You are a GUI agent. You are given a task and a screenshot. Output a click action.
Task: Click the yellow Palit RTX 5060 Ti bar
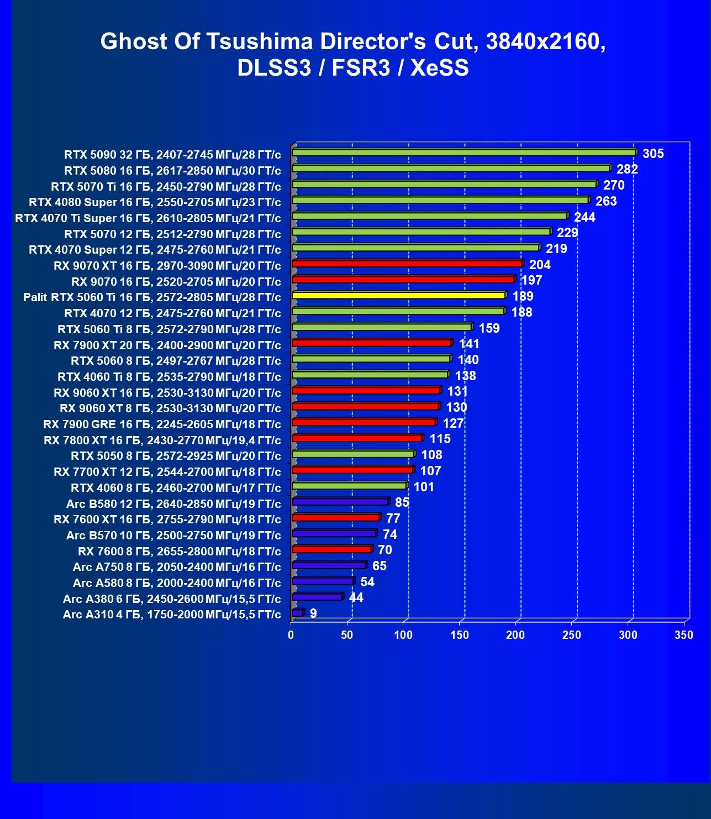click(398, 295)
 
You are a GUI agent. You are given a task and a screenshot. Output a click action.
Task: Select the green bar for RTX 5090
click(464, 153)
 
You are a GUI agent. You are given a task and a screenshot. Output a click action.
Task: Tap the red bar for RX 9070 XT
click(407, 264)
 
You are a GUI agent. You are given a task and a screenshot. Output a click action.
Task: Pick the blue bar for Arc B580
click(340, 502)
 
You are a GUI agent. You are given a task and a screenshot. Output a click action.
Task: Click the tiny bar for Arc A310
click(297, 613)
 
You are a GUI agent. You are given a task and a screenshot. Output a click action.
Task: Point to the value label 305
click(653, 154)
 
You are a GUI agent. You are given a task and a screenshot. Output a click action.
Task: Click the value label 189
click(523, 296)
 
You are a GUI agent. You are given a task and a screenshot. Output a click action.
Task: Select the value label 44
click(356, 597)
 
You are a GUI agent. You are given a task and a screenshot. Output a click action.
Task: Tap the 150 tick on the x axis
click(460, 635)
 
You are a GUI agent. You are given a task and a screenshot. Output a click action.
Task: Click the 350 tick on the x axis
click(684, 635)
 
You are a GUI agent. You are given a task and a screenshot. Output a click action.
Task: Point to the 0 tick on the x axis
click(291, 635)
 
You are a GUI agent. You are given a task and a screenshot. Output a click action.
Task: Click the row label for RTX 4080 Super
click(155, 202)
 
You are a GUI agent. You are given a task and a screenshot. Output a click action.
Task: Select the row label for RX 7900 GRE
click(162, 424)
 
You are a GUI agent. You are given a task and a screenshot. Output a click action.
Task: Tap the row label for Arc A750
click(177, 567)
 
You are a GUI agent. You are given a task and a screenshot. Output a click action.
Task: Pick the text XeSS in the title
click(440, 68)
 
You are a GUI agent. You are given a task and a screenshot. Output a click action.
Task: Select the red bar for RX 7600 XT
click(336, 518)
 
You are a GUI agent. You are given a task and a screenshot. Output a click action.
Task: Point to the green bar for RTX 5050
click(353, 454)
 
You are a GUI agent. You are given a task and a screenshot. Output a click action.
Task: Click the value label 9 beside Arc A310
click(313, 613)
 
